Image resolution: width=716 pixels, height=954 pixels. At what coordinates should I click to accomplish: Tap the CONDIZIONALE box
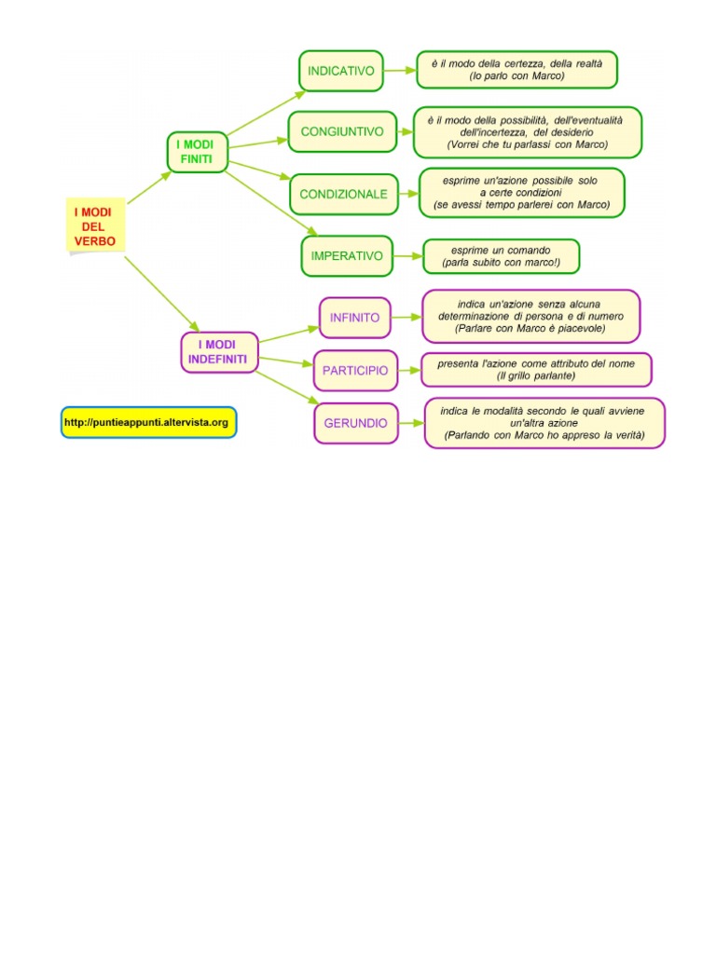coord(343,195)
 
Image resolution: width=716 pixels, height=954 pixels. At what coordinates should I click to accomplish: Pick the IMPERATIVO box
coord(346,255)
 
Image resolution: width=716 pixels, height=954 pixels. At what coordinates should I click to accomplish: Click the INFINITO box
coord(354,318)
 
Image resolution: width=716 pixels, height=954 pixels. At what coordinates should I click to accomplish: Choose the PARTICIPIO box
coord(355,371)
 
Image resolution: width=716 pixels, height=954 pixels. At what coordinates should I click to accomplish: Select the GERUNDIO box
coord(355,423)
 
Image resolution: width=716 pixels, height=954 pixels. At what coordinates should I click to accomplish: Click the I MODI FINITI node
coord(196,153)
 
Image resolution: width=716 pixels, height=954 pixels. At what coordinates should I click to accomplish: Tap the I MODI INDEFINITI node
coord(218,352)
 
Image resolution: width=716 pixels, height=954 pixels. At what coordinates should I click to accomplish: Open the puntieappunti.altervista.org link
coord(148,423)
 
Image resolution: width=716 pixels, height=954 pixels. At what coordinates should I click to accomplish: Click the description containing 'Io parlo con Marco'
coord(516,70)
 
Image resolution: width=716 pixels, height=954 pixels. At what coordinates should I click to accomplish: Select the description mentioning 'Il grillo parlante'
coord(536,370)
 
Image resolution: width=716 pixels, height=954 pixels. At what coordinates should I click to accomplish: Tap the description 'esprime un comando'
coord(501,256)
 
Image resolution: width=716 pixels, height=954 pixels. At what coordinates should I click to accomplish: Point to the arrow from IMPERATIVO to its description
coord(407,255)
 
